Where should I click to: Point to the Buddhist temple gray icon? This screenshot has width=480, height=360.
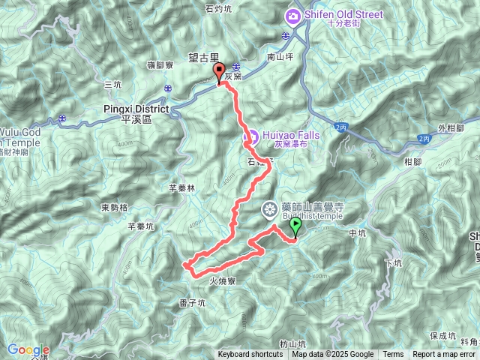click(x=269, y=211)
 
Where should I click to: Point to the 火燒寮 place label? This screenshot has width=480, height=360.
click(x=223, y=280)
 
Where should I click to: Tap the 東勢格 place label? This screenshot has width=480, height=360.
click(x=115, y=207)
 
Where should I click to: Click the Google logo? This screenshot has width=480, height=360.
click(x=28, y=350)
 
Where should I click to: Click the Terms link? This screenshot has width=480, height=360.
click(x=392, y=355)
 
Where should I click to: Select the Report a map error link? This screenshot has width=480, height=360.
click(x=445, y=355)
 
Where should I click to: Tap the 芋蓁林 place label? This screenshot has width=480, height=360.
click(x=181, y=189)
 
